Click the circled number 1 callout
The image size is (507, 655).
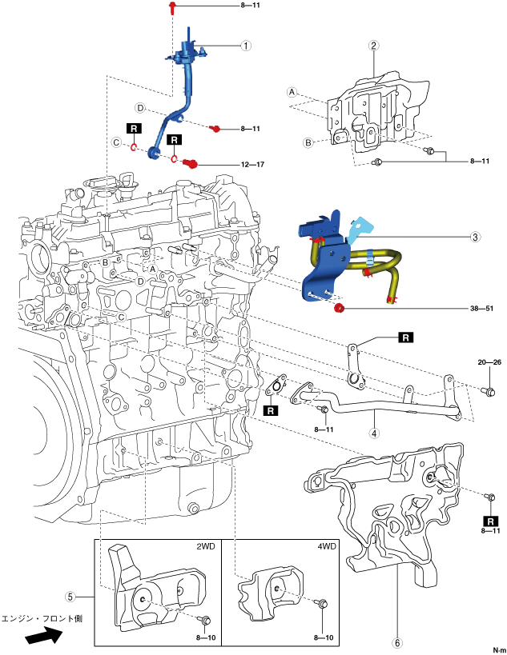[x=246, y=46]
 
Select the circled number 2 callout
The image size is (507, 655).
[x=373, y=46]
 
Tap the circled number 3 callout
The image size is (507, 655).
[x=475, y=237]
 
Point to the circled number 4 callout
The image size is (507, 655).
[x=374, y=433]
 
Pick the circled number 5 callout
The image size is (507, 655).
[x=70, y=597]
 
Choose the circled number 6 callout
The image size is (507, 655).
[x=397, y=642]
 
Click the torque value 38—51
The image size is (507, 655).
[x=481, y=309]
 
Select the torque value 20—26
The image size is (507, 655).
[x=489, y=362]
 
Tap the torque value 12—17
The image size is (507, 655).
[x=252, y=165]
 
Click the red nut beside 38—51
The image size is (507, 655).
[x=340, y=309]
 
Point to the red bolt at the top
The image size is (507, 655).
[x=172, y=7]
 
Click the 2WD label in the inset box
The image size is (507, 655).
[x=206, y=546]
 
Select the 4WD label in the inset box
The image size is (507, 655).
[x=326, y=546]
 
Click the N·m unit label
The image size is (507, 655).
[x=499, y=650]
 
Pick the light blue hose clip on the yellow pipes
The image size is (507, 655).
[x=370, y=258]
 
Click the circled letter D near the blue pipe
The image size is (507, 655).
[x=140, y=108]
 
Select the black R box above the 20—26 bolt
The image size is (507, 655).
[x=405, y=337]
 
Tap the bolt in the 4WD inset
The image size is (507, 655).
[x=323, y=604]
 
